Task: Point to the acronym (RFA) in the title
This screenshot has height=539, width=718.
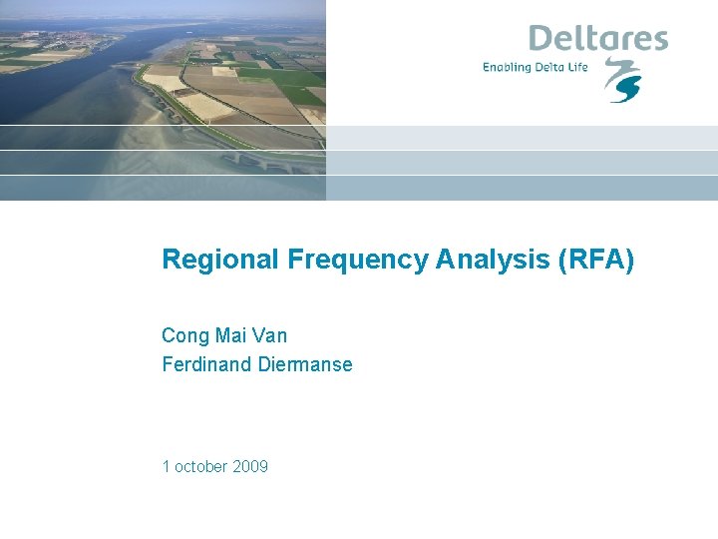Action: click(596, 260)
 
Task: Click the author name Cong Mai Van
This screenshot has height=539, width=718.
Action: click(224, 335)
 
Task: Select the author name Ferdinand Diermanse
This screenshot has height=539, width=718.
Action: click(257, 364)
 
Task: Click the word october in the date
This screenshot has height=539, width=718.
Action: click(201, 466)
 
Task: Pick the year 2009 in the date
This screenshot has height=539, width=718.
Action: click(250, 466)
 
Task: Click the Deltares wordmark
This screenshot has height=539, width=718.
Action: click(598, 39)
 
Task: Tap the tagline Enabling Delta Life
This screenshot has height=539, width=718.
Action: click(536, 67)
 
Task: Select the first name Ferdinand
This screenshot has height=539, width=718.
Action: click(206, 364)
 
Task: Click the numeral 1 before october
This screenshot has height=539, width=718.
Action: click(166, 466)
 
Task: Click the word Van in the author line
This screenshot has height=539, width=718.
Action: click(270, 335)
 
